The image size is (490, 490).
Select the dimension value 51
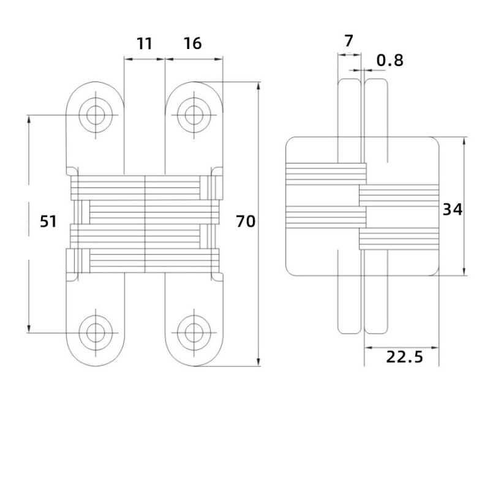[48, 222]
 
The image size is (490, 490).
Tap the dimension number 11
[144, 43]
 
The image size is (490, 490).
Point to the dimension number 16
[192, 43]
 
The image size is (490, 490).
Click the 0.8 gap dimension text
[390, 60]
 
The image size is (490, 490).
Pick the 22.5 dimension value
[404, 356]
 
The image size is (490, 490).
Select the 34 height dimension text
[452, 209]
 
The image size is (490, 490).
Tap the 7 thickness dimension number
[349, 42]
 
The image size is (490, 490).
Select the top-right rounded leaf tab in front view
[195, 110]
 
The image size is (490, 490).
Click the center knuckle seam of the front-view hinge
[146, 224]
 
